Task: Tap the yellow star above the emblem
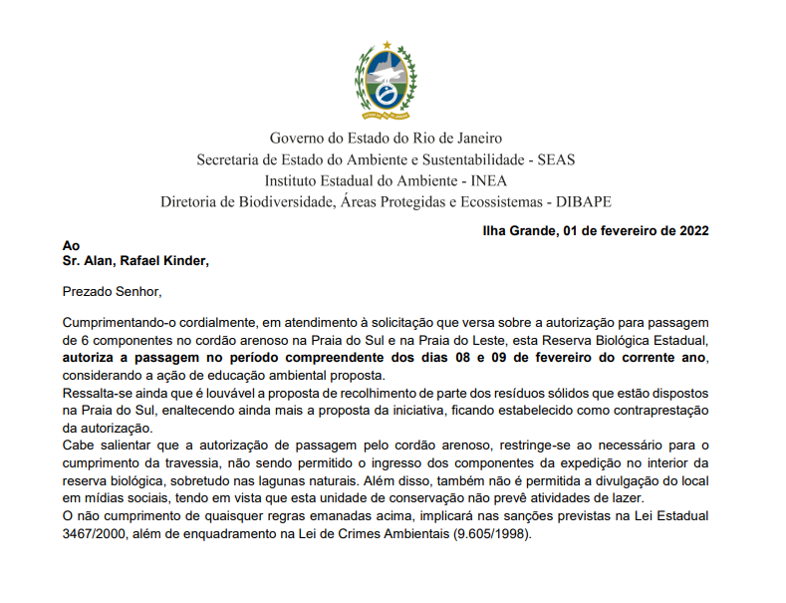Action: (x=386, y=46)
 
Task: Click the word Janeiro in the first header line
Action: (x=475, y=138)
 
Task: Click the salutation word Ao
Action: (x=70, y=246)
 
